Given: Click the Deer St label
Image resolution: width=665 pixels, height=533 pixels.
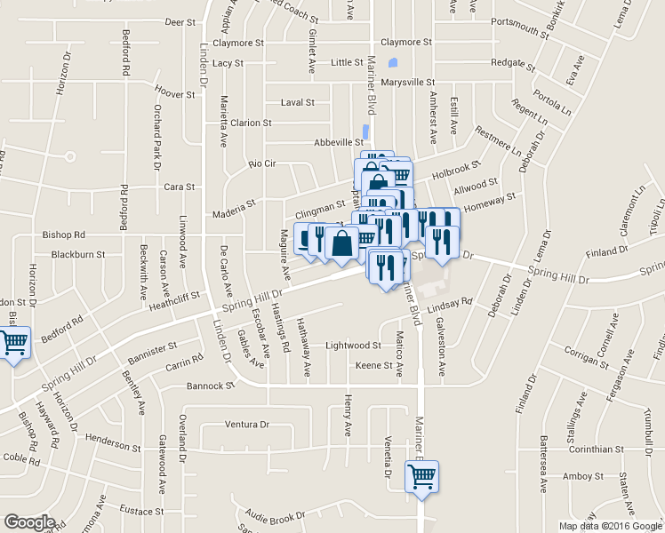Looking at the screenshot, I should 180,21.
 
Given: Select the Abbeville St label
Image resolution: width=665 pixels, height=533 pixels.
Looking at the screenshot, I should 340,142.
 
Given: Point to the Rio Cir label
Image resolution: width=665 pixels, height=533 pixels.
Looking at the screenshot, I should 263,164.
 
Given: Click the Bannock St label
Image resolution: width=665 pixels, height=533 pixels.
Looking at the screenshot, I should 210,386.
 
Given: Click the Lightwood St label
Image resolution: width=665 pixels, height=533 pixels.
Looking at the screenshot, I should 353,345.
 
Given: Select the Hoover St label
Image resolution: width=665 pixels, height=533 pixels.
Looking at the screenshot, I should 173,93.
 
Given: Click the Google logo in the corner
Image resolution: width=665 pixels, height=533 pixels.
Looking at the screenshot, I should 29,522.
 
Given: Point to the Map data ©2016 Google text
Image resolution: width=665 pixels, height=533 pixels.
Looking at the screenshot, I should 611,526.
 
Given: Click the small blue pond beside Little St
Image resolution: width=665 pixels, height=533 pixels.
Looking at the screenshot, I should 393,65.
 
